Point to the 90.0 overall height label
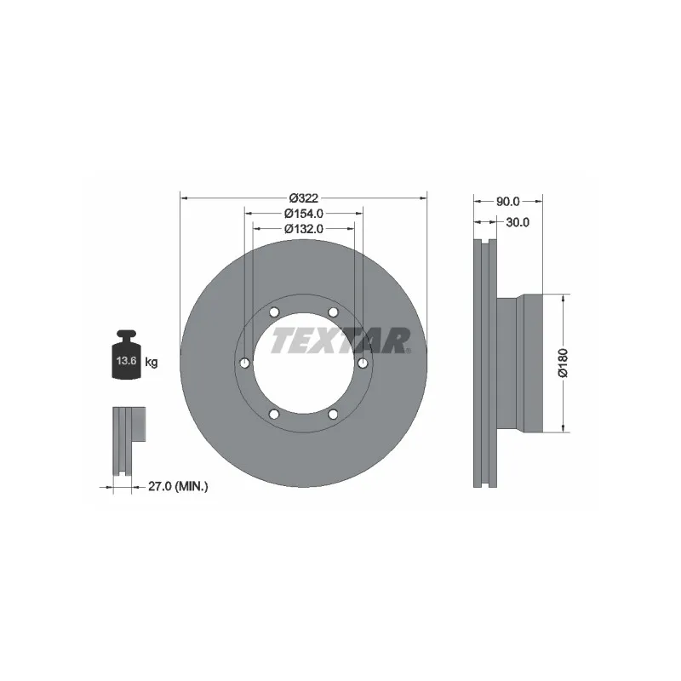pos(508,202)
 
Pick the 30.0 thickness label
pos(518,222)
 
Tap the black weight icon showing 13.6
pos(126,357)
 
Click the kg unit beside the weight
pos(151,363)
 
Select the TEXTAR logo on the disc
pos(340,341)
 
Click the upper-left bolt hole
pos(274,311)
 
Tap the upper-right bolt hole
pos(333,311)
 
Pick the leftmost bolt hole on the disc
pos(244,363)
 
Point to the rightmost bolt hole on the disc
pos(363,363)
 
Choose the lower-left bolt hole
pos(274,415)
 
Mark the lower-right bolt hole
pos(333,415)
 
